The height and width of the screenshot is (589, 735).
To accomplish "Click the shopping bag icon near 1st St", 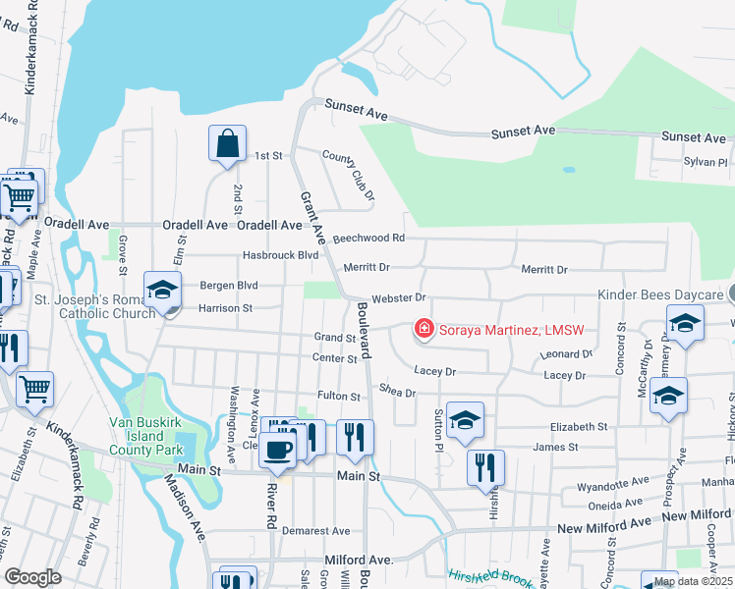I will (x=227, y=143).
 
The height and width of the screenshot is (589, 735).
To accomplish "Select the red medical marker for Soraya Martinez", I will (x=424, y=328).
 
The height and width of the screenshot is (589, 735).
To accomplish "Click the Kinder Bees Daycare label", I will (x=661, y=294).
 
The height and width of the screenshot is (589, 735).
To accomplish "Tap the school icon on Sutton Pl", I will (x=464, y=420).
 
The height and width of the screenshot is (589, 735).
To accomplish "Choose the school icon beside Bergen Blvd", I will (x=162, y=290).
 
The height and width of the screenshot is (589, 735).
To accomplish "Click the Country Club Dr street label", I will (x=349, y=176).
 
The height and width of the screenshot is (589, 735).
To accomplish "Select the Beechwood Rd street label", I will (x=368, y=238).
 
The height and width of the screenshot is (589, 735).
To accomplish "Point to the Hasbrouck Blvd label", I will (x=280, y=255).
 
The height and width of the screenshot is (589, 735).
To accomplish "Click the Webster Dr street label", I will (x=397, y=297).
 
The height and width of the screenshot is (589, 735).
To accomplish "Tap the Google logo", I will (x=32, y=577).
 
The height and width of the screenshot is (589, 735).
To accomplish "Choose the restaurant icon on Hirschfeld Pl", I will (x=484, y=467).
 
